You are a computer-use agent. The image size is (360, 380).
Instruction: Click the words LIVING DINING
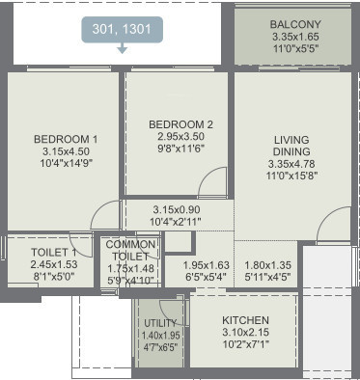(x=291, y=146)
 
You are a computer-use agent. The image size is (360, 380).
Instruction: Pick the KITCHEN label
(x=245, y=319)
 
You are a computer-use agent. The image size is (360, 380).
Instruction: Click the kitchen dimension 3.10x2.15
(x=245, y=333)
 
